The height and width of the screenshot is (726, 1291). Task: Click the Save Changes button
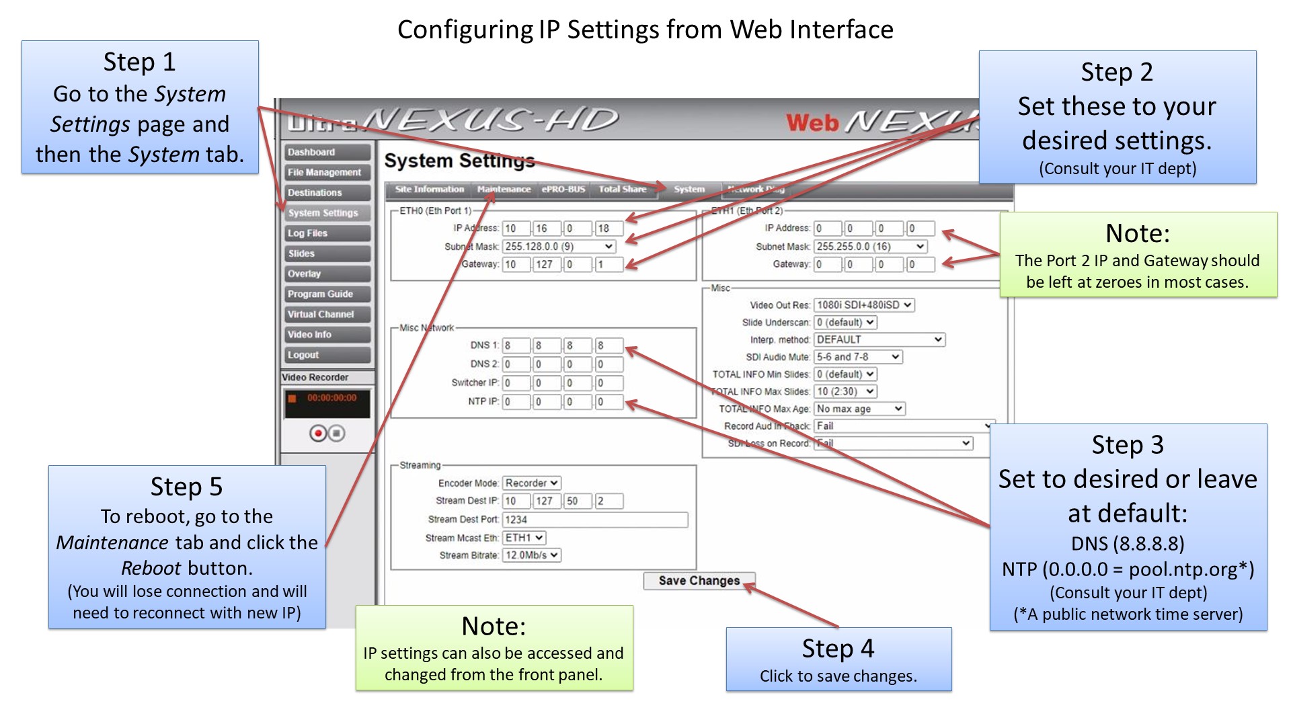(x=699, y=581)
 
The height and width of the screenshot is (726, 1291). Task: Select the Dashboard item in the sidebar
(x=327, y=153)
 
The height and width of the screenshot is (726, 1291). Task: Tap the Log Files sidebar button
(x=327, y=233)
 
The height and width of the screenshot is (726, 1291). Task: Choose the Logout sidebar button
(x=327, y=355)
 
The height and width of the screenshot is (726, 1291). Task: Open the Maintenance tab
(x=504, y=190)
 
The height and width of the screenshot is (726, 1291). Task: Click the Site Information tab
(x=429, y=190)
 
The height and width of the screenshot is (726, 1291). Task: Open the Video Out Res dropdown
(x=864, y=305)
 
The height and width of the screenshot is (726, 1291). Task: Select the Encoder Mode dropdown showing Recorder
(x=531, y=483)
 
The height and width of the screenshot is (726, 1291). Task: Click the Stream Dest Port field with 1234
(x=595, y=520)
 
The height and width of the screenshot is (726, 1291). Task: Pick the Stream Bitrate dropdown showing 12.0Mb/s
(x=531, y=555)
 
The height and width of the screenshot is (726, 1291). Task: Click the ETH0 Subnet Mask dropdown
(x=559, y=247)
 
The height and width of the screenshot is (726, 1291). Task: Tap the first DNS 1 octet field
(x=515, y=346)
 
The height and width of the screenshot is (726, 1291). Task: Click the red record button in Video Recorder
(x=317, y=434)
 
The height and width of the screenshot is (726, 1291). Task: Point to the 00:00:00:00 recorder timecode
(x=331, y=398)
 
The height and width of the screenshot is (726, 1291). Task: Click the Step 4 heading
(x=838, y=649)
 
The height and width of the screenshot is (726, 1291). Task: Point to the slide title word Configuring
(x=465, y=30)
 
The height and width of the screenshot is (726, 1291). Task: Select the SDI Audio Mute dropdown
(x=857, y=357)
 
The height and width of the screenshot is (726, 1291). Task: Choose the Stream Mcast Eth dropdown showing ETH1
(x=524, y=538)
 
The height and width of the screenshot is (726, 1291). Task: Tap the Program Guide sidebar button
(x=327, y=294)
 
